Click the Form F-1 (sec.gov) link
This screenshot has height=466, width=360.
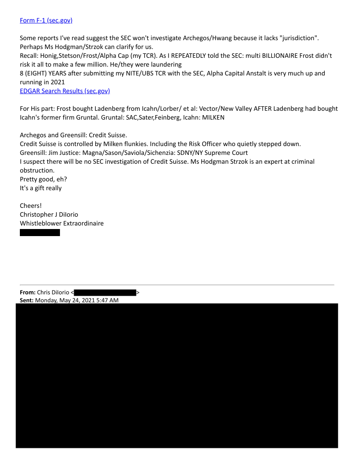click(46, 20)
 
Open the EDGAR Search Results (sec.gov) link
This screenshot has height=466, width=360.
click(65, 91)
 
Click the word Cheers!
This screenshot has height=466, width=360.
click(31, 206)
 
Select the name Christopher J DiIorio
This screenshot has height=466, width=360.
click(49, 214)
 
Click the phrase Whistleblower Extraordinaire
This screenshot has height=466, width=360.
click(62, 223)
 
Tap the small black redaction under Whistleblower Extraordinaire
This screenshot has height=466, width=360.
click(40, 233)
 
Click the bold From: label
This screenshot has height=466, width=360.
click(28, 292)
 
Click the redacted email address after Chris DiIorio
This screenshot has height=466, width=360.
click(105, 292)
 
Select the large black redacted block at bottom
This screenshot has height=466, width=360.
click(176, 375)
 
